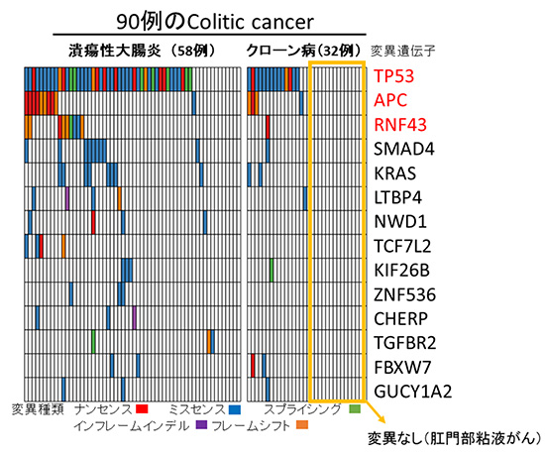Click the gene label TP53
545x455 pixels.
click(x=393, y=76)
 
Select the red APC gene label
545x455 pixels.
click(x=390, y=101)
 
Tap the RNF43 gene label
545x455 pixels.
click(x=398, y=125)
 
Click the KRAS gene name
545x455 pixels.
click(x=394, y=173)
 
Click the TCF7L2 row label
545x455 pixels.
click(x=401, y=246)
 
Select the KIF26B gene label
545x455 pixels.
click(x=399, y=270)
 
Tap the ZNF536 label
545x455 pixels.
click(x=401, y=294)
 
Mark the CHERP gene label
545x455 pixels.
click(x=399, y=318)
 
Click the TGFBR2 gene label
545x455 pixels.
click(x=404, y=343)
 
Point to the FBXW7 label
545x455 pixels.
click(x=400, y=367)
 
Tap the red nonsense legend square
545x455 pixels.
click(x=142, y=408)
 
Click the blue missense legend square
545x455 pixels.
click(x=234, y=408)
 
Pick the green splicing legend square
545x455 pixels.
click(x=355, y=408)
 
